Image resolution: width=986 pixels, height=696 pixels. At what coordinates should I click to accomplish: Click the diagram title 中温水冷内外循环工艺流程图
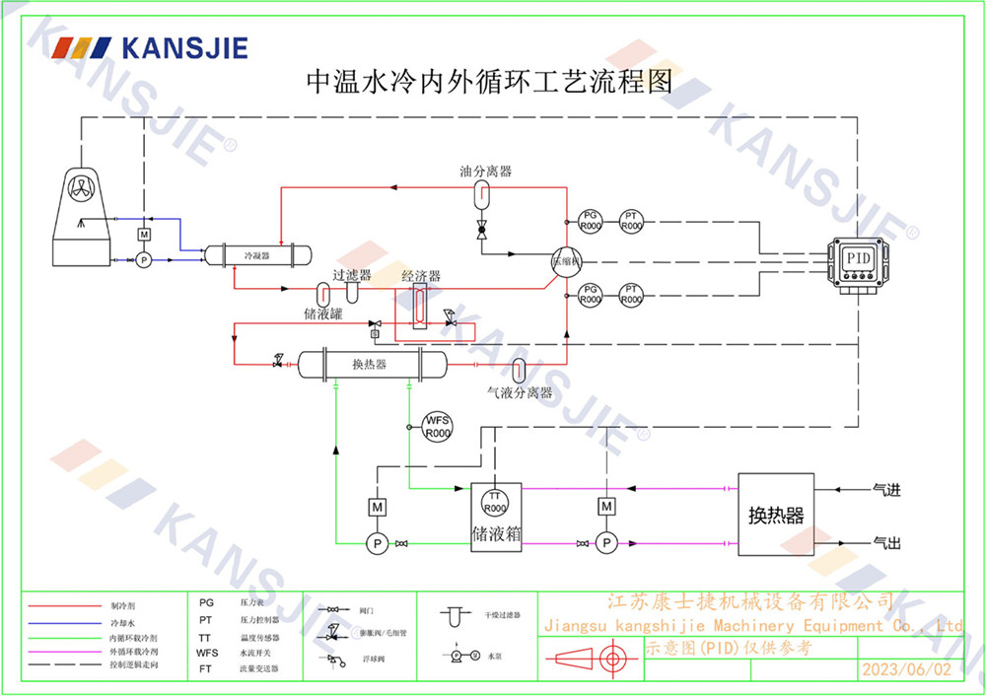[490, 81]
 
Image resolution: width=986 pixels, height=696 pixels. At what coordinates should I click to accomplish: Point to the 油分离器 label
[485, 171]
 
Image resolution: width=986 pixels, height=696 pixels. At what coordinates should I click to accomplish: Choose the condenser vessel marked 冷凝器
[256, 254]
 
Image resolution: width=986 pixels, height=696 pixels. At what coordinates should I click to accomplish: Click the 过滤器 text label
[352, 275]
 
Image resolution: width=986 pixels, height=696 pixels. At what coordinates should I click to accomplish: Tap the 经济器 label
[420, 276]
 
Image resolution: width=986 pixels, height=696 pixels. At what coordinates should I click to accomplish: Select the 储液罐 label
[322, 314]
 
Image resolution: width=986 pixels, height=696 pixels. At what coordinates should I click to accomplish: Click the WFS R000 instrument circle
[437, 426]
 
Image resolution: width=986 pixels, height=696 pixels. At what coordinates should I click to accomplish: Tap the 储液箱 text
[496, 533]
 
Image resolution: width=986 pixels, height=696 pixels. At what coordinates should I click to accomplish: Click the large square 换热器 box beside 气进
[776, 515]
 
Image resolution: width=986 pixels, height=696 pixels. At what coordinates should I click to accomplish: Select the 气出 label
[886, 542]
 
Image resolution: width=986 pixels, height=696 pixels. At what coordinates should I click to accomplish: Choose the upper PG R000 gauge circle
[590, 221]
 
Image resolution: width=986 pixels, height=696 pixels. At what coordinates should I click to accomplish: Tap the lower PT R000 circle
[632, 293]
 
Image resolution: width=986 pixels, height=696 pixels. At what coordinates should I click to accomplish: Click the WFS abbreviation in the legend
[207, 653]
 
